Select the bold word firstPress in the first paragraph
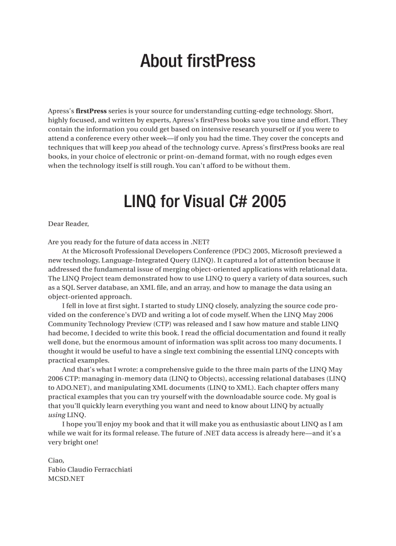click(x=91, y=111)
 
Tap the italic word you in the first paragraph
click(x=135, y=147)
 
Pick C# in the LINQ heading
click(x=230, y=201)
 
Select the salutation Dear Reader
click(x=68, y=224)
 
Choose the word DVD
click(x=179, y=315)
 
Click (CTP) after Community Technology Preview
click(x=166, y=324)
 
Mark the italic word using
click(x=56, y=415)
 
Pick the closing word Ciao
click(x=55, y=460)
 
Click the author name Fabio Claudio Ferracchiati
click(x=90, y=470)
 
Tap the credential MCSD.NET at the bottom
click(x=66, y=478)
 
